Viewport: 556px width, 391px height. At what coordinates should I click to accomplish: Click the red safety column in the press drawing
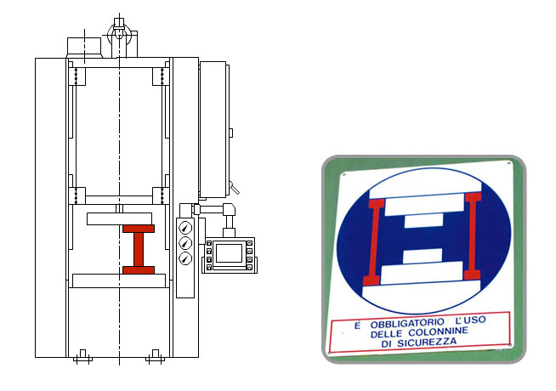click(139, 249)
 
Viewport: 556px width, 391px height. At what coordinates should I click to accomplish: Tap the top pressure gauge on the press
click(185, 228)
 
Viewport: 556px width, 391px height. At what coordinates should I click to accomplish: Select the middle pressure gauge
click(185, 243)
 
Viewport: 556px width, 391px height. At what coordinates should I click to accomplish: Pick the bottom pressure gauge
click(185, 258)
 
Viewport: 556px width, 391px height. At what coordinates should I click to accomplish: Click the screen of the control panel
click(229, 253)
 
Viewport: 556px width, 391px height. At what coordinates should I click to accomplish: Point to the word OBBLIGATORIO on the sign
click(407, 324)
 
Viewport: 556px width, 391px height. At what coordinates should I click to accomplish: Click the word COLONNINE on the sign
click(439, 332)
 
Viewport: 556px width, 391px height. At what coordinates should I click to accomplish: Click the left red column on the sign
click(374, 242)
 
